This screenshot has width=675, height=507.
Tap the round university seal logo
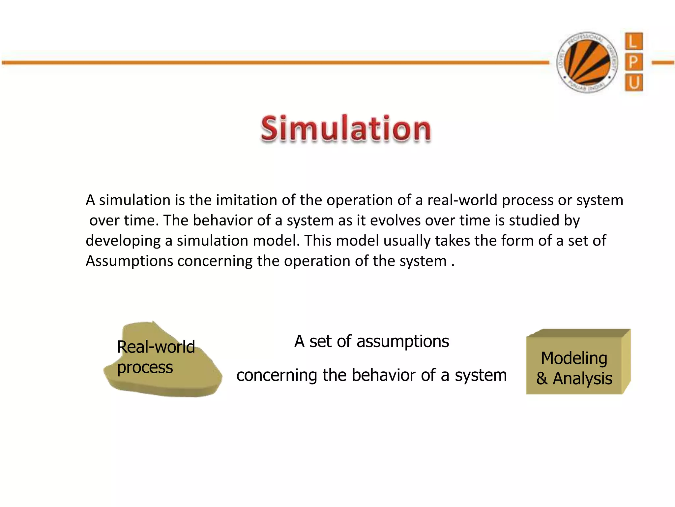[587, 62]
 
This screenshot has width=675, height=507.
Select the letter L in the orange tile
[633, 42]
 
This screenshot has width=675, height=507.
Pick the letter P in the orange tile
[633, 62]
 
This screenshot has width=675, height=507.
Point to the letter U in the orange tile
[633, 83]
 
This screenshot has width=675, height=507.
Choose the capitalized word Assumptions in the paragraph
[129, 261]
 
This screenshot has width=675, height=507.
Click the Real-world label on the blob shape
[156, 347]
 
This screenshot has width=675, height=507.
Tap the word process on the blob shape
[145, 367]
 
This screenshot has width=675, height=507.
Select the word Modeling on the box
[574, 358]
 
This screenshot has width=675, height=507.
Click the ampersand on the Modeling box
[542, 379]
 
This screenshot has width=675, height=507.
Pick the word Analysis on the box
[582, 379]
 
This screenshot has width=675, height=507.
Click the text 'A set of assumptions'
[371, 341]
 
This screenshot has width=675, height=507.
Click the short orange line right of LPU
[662, 62]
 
